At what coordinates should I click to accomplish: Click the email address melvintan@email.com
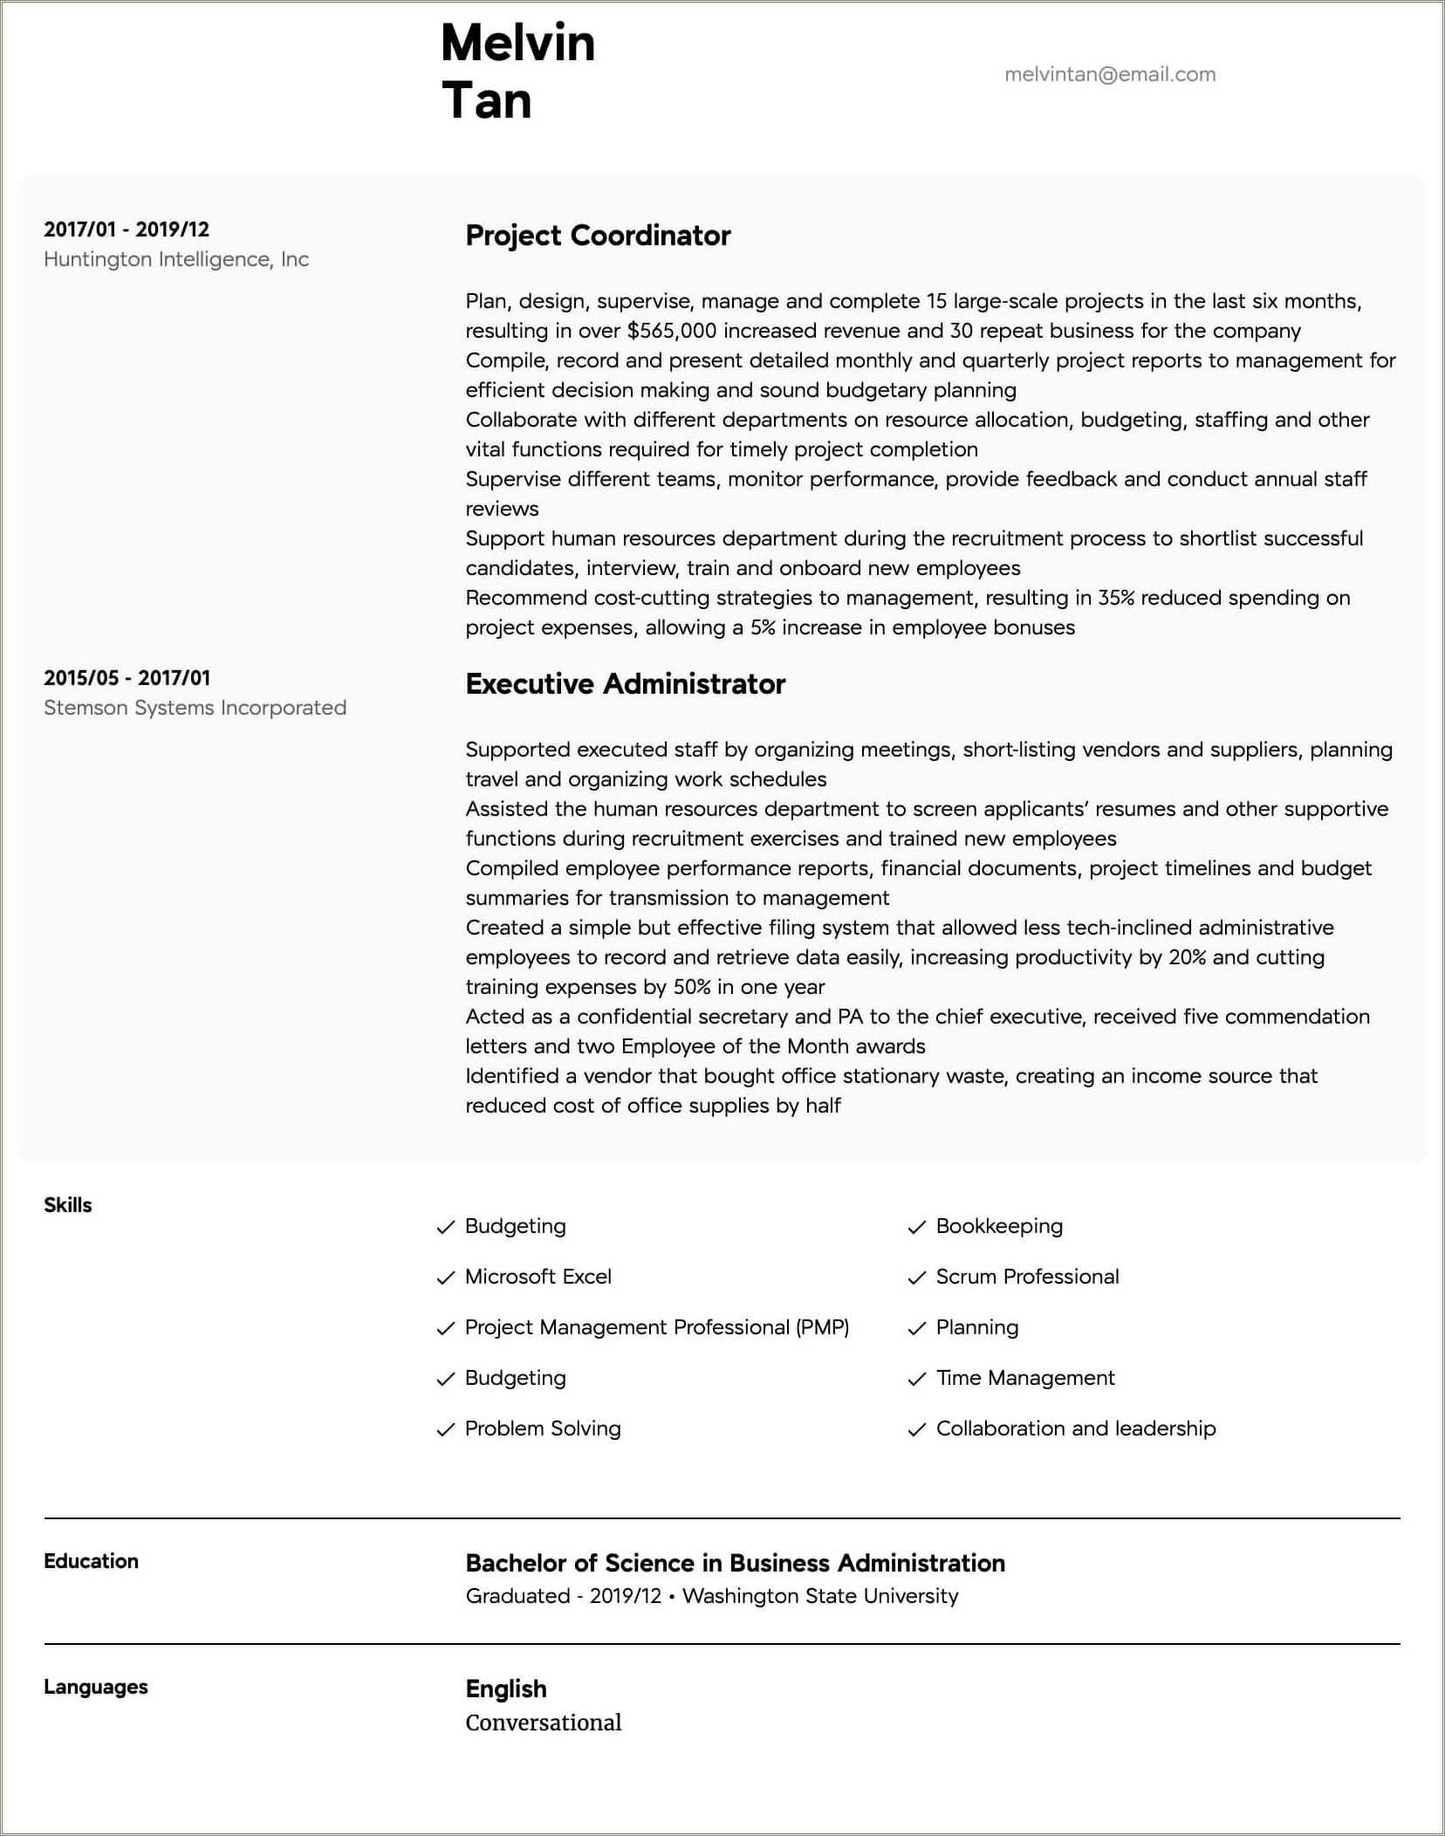click(x=1109, y=74)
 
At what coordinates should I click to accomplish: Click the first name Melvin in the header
click(x=517, y=43)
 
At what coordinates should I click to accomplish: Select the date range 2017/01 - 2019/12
click(x=127, y=229)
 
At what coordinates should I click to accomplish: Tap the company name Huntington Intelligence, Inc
click(x=175, y=259)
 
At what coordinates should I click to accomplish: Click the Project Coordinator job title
click(x=598, y=236)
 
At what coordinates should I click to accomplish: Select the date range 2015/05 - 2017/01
click(x=127, y=678)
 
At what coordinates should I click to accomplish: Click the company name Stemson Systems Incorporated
click(x=195, y=708)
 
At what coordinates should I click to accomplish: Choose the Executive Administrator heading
click(x=625, y=684)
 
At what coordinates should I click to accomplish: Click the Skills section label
click(x=68, y=1205)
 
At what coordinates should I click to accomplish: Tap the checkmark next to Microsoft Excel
click(x=446, y=1278)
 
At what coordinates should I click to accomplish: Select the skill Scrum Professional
click(x=1027, y=1277)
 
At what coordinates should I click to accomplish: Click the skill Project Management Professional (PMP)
click(x=656, y=1327)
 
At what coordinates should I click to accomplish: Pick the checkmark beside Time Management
click(x=916, y=1379)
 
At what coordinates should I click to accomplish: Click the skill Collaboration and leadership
click(x=1075, y=1428)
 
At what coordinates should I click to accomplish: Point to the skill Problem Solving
click(x=542, y=1428)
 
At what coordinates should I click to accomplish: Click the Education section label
click(x=91, y=1561)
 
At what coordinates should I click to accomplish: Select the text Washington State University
click(x=819, y=1596)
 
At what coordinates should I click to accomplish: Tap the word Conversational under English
click(x=543, y=1723)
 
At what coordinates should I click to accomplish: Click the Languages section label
click(x=95, y=1687)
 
